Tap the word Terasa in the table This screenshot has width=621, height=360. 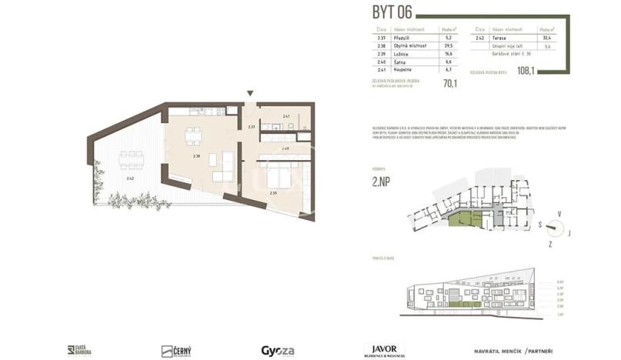pos(500,37)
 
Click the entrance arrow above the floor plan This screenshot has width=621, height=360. pos(249,94)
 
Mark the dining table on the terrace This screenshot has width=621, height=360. pos(131,159)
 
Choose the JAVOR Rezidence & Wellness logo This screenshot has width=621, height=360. pos(385,350)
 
